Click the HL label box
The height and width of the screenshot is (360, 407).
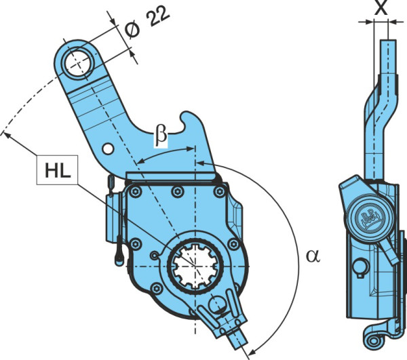click(58, 170)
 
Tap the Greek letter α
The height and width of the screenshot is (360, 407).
click(313, 256)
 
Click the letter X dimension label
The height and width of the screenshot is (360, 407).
click(381, 7)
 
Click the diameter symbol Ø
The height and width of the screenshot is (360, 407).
click(132, 31)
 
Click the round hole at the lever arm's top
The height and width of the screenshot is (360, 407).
click(78, 63)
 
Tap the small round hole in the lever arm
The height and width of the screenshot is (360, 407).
click(108, 149)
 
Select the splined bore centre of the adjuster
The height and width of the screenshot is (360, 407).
click(195, 266)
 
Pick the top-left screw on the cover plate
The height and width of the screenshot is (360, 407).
click(135, 192)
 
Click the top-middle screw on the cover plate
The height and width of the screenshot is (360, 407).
click(178, 192)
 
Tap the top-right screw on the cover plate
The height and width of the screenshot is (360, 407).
click(220, 192)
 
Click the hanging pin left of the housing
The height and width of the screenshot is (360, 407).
click(119, 252)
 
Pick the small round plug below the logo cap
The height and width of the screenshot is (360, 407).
click(360, 268)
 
